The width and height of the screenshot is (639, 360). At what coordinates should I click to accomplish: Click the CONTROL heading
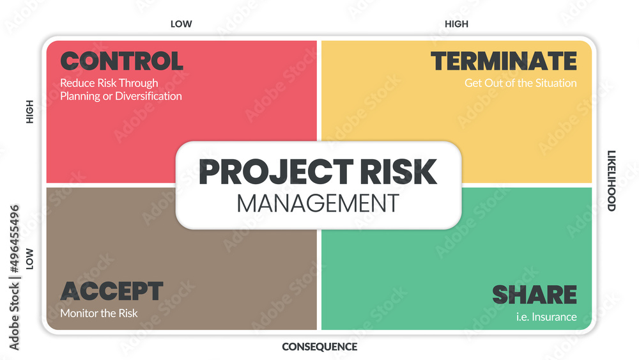click(121, 61)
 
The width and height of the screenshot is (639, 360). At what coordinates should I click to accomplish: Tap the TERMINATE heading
click(504, 61)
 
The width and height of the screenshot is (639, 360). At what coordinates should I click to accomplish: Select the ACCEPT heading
click(111, 292)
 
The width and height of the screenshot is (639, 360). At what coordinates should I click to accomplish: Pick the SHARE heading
click(534, 295)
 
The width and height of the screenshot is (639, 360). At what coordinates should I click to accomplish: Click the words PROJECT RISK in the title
click(318, 171)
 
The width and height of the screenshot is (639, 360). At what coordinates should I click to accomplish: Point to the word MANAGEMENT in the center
click(318, 203)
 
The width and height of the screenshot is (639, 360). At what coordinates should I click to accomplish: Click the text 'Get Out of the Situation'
click(520, 83)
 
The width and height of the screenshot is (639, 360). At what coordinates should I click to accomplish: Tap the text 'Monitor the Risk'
click(99, 313)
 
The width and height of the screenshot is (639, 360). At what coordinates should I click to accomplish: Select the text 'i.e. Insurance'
click(547, 317)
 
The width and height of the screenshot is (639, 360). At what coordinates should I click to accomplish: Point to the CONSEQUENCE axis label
click(319, 347)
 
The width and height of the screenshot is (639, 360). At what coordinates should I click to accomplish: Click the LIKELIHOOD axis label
click(611, 180)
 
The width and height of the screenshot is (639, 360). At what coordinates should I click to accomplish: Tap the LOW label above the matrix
click(181, 24)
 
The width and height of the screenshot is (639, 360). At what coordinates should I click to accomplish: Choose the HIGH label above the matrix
click(456, 24)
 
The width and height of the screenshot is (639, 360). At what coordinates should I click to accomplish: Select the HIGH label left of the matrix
click(29, 113)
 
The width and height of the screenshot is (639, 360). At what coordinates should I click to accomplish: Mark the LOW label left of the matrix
click(29, 259)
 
